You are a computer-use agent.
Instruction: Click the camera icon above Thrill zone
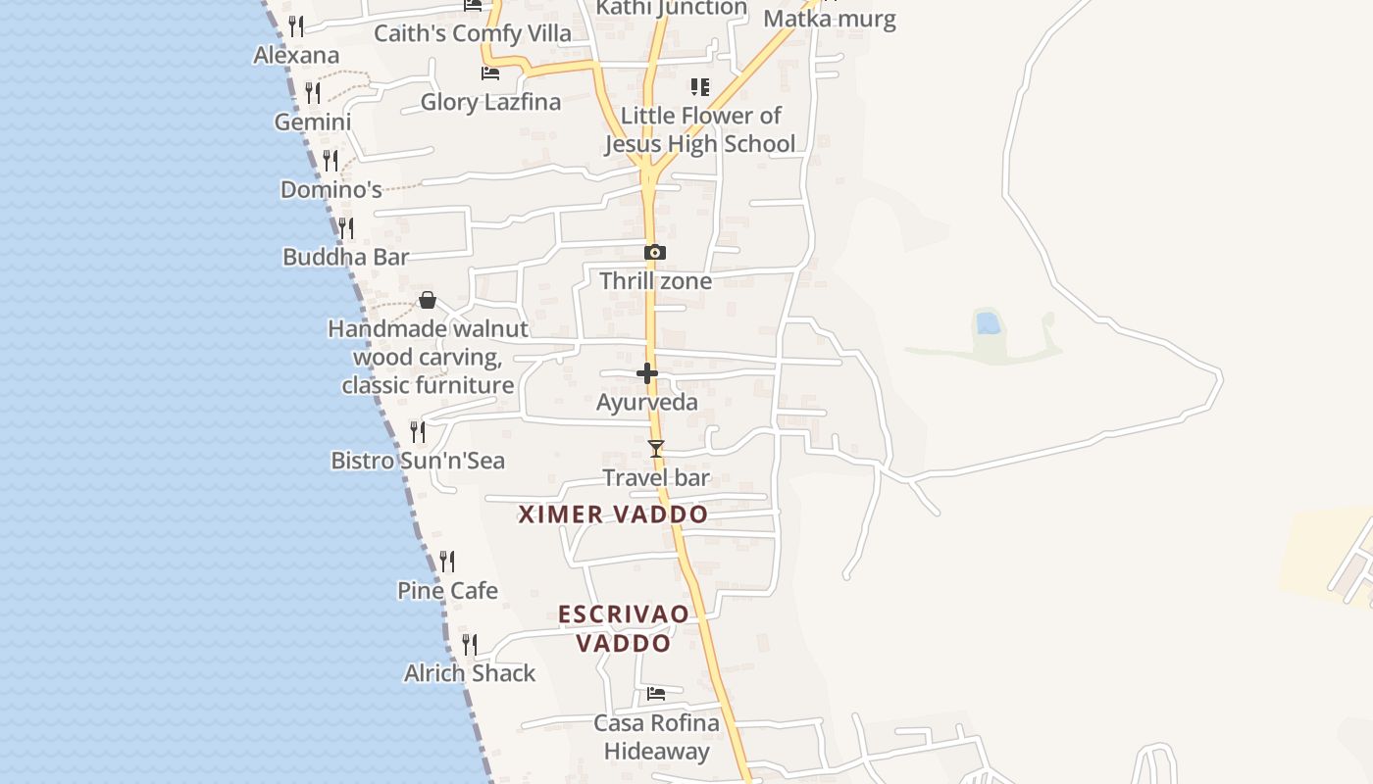coord(655,253)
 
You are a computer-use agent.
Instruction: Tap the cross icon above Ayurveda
coord(647,373)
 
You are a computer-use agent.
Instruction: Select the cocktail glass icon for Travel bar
coord(656,449)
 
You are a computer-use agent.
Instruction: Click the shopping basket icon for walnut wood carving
coord(428,300)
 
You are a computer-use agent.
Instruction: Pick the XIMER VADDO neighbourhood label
coord(613,514)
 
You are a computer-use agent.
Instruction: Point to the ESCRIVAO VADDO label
coord(624,628)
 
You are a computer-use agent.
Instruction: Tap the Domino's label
coord(331,189)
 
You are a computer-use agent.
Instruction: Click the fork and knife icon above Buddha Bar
coord(345,228)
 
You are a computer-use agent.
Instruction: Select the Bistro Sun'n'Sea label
coord(418,460)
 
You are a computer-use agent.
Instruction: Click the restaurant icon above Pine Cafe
coord(447,562)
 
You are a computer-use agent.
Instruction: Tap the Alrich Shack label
coord(470,673)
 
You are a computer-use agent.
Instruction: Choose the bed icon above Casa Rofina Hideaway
coord(656,694)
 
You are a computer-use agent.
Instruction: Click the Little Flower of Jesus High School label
coord(700,129)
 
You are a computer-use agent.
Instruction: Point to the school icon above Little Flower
coord(699,87)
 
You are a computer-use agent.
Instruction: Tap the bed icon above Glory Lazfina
coord(490,73)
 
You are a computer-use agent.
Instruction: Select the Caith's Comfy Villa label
coord(473,33)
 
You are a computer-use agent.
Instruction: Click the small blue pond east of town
coord(988,322)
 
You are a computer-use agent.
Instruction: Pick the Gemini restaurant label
coord(313,122)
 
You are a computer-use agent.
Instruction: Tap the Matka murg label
coord(830,19)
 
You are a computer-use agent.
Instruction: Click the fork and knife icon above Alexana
coord(295,26)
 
